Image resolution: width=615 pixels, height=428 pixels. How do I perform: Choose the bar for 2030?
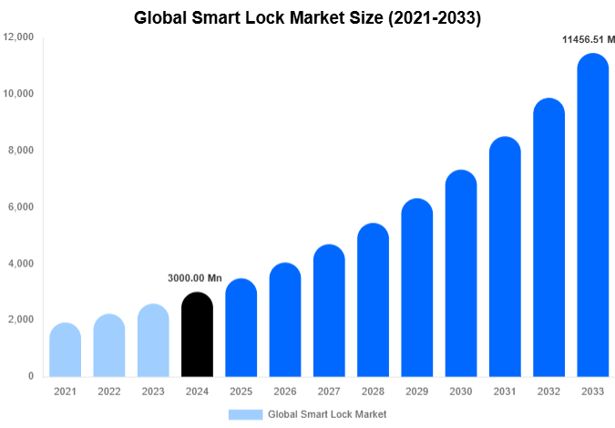(461, 273)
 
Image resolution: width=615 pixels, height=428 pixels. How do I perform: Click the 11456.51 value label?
(588, 39)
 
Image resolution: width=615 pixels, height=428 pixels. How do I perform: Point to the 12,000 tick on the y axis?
(19, 37)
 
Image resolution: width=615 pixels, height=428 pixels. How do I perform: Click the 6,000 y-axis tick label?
(22, 207)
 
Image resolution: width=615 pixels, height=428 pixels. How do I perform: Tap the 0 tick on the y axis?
(30, 376)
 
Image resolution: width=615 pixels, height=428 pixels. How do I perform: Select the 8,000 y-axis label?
(22, 151)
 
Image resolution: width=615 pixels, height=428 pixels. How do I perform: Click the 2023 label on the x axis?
(153, 391)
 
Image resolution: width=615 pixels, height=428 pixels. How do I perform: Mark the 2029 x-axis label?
(417, 391)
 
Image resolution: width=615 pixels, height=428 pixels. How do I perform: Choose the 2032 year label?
(549, 391)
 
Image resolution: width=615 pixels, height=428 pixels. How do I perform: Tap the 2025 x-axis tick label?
(241, 391)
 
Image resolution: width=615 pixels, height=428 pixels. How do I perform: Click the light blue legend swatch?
(245, 414)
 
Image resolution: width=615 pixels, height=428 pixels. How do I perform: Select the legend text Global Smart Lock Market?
(327, 414)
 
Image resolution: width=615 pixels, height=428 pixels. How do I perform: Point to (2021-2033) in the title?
(429, 17)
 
